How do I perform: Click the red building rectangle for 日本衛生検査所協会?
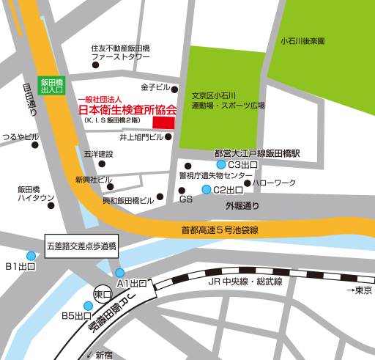163,122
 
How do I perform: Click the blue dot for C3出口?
220,166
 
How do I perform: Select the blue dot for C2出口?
207,190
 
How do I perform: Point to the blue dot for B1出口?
31,256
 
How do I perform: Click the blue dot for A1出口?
119,273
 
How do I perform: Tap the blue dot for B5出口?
89,306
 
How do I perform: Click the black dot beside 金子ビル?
174,88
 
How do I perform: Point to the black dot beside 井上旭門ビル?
168,136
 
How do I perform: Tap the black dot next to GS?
182,191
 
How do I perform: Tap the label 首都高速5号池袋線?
220,230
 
